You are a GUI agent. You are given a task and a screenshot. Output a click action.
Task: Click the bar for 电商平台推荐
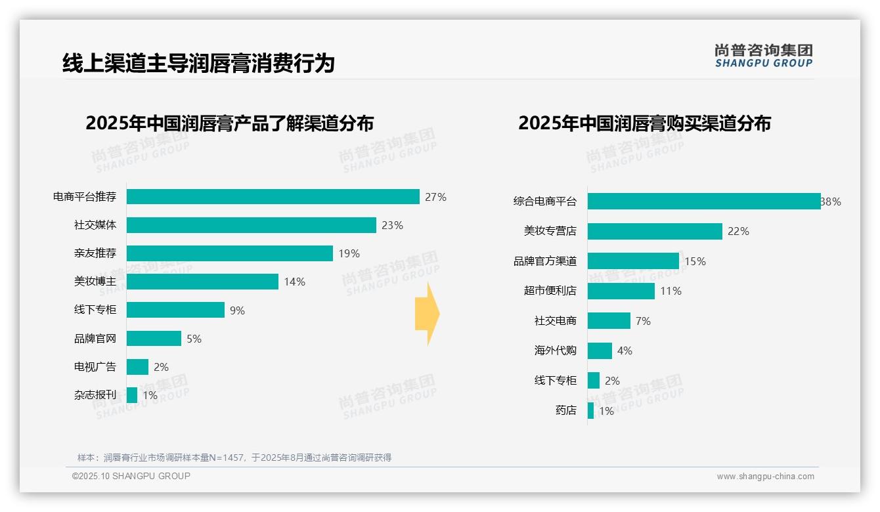coord(273,197)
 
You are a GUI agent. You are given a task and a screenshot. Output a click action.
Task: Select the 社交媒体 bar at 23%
coord(251,225)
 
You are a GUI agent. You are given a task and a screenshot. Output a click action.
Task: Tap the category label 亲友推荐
coord(95,253)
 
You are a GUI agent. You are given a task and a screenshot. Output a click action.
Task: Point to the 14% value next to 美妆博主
coord(294,282)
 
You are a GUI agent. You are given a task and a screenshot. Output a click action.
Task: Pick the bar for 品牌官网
coord(154,339)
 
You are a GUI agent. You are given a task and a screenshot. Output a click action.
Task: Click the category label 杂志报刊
coord(95,395)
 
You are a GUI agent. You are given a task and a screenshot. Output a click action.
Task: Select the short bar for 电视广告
coord(137,367)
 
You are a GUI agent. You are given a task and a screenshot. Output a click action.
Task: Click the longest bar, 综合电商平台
coord(703,202)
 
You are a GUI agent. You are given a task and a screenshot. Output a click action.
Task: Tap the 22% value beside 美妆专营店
coord(738,231)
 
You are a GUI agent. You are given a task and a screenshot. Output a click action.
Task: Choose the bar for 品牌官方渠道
coord(633,261)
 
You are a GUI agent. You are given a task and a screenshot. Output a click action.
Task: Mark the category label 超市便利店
coord(550,291)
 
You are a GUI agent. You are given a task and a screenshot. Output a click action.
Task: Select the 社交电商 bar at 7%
coord(609,321)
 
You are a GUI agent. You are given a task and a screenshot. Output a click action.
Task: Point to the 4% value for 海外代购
coord(625,351)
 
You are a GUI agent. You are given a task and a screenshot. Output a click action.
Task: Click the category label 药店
coord(565,410)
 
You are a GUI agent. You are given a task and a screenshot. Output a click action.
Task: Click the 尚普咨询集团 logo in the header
coord(763,56)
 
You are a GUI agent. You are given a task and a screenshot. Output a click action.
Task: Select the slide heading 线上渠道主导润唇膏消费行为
coord(198,63)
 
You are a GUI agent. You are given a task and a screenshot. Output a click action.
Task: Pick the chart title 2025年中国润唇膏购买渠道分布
coord(644,123)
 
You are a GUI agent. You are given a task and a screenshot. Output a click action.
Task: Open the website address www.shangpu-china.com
coord(765,477)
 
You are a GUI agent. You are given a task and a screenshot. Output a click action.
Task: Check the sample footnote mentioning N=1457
coord(234,458)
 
